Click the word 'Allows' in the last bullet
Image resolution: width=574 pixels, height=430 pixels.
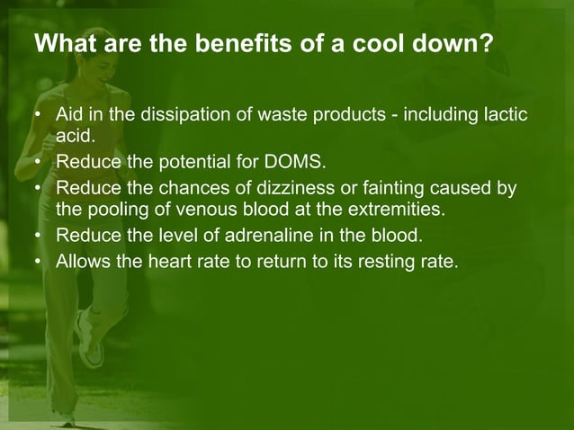[x=82, y=263]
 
